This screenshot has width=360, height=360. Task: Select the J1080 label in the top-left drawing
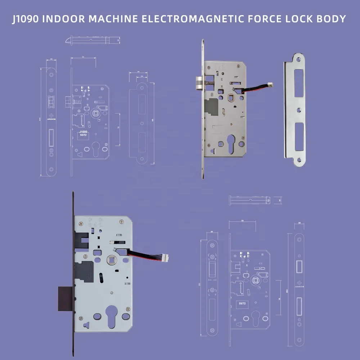click(x=84, y=132)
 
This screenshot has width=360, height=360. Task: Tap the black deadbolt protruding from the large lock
click(x=65, y=298)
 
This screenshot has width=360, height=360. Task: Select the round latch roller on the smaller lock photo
click(x=199, y=84)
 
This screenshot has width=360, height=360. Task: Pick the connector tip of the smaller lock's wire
click(x=270, y=85)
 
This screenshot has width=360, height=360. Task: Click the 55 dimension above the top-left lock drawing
click(x=83, y=57)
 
